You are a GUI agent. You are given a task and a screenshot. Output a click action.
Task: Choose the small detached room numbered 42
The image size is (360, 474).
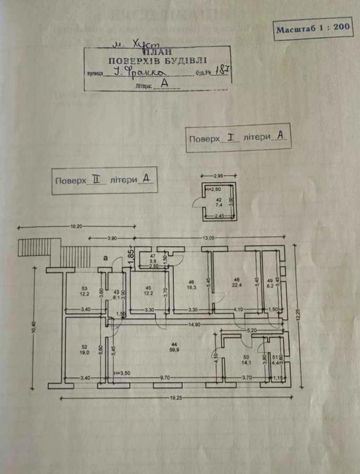coord(219,202)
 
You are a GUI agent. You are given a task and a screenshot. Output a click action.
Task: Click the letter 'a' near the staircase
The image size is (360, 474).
coord(105,258)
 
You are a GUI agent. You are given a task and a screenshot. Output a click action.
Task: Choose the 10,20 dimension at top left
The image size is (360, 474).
coord(76,227)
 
